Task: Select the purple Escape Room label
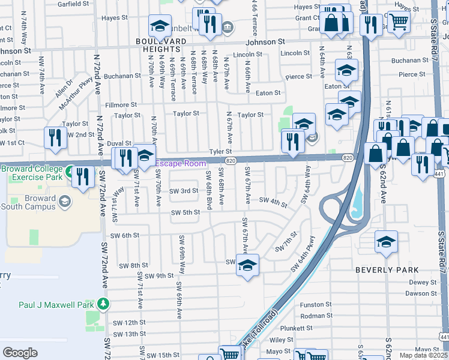181,163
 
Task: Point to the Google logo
20,353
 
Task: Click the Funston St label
315,305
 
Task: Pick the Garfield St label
73,4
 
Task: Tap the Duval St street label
119,144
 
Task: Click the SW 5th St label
185,212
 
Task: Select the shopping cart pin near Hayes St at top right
399,22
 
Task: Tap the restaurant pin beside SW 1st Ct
55,137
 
